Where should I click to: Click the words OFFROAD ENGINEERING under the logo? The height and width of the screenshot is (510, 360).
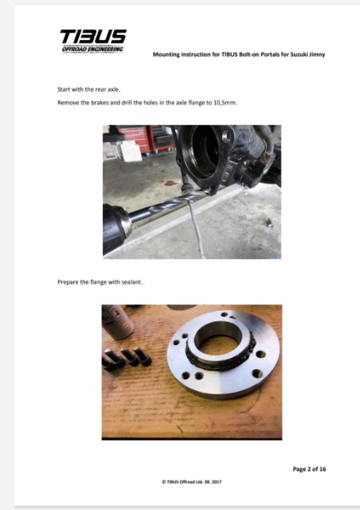(92, 49)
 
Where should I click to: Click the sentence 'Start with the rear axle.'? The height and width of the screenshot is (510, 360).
(88, 89)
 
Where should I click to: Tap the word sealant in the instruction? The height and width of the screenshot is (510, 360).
(131, 282)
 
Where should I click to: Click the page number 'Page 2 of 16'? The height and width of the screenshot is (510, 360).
(309, 469)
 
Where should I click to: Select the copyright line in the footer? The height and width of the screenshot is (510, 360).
(192, 481)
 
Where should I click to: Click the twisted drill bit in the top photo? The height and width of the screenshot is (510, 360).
(169, 203)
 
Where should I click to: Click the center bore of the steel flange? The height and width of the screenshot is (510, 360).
(218, 338)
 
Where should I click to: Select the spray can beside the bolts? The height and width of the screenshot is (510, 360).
(117, 321)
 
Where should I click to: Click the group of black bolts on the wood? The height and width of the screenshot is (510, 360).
(127, 359)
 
